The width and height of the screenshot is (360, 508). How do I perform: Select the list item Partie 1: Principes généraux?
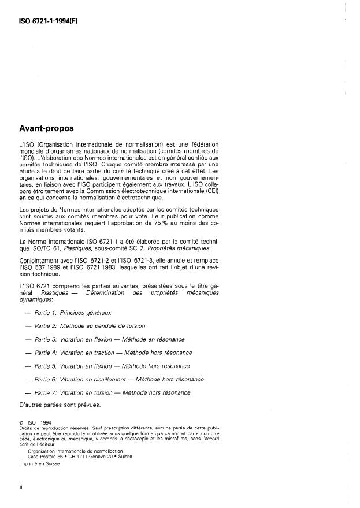[72, 313]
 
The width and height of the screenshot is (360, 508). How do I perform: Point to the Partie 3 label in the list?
[46, 339]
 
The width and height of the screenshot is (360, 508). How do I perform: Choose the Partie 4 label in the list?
[46, 353]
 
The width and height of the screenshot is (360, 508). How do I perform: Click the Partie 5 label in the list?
[46, 366]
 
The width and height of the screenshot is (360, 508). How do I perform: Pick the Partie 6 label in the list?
[46, 379]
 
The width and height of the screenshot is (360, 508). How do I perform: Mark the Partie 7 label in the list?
[46, 392]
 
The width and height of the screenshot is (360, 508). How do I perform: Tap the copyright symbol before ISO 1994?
[21, 422]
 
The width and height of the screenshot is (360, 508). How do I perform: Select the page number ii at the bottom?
[21, 487]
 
